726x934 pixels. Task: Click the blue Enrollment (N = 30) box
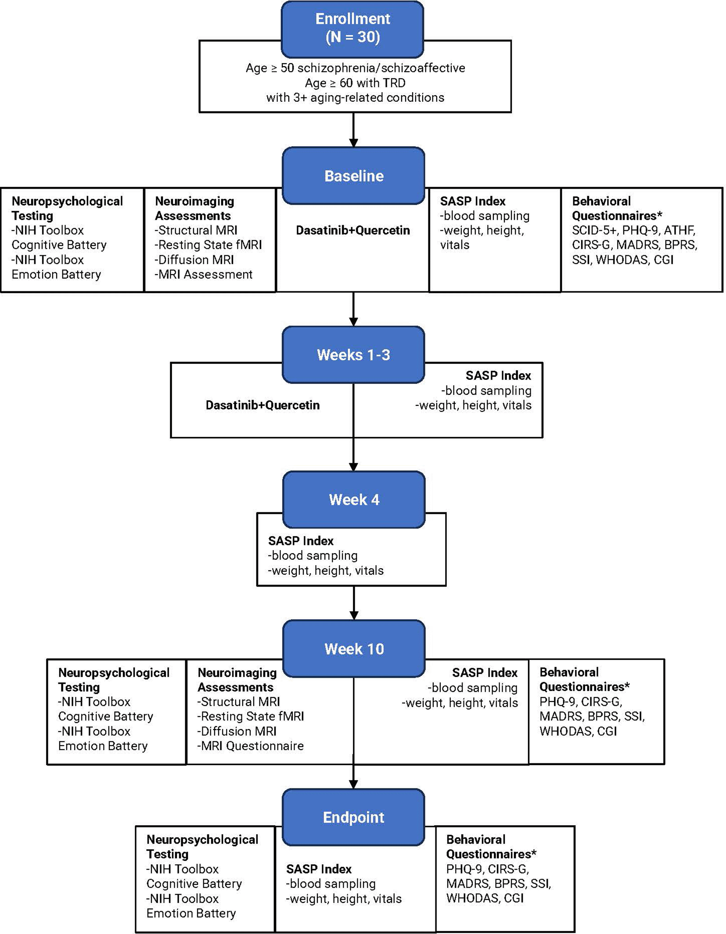[x=352, y=29]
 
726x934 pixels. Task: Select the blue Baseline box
[x=353, y=175]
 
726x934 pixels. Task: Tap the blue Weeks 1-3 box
[x=353, y=354]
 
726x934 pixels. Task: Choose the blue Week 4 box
[x=354, y=499]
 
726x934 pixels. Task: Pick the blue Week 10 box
[x=354, y=648]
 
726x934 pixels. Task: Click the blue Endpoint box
[x=353, y=817]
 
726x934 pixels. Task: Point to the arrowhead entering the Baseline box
[x=353, y=143]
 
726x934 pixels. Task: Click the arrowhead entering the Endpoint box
[x=353, y=784]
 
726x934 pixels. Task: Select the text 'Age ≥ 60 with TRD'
[x=355, y=82]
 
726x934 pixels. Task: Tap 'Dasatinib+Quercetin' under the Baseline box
[x=353, y=230]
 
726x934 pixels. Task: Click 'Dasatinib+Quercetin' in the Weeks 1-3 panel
[x=262, y=405]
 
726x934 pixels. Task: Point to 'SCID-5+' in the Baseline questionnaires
[x=594, y=230]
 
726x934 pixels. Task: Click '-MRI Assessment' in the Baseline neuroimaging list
[x=204, y=274]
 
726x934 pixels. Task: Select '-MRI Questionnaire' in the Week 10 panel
[x=251, y=746]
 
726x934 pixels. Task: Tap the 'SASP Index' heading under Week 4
[x=301, y=540]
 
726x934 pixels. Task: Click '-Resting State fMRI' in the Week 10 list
[x=251, y=716]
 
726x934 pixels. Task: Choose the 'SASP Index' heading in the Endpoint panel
[x=319, y=869]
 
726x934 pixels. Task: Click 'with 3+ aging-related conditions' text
[x=355, y=97]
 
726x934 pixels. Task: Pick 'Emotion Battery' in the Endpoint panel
[x=191, y=913]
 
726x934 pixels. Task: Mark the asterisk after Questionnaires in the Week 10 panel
[x=627, y=685]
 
